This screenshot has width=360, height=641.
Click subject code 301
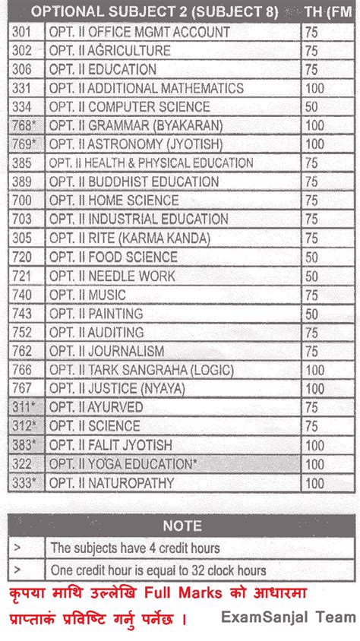(23, 32)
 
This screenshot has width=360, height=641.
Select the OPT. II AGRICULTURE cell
(109, 51)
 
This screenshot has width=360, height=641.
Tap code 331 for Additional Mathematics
(23, 88)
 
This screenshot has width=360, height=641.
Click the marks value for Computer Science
(311, 107)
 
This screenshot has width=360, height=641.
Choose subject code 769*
(25, 144)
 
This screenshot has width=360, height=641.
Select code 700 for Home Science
(23, 201)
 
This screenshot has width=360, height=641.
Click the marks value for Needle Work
(311, 276)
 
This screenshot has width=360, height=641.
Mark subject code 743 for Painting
(23, 313)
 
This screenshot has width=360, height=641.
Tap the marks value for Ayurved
(311, 407)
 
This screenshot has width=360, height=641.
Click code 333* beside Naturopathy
(25, 482)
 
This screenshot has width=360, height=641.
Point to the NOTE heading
(182, 526)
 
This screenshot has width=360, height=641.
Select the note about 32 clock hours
(158, 570)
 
